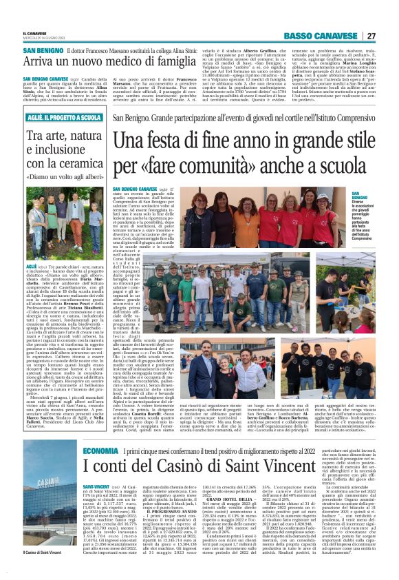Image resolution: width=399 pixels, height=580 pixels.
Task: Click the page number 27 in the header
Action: [371, 35]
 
